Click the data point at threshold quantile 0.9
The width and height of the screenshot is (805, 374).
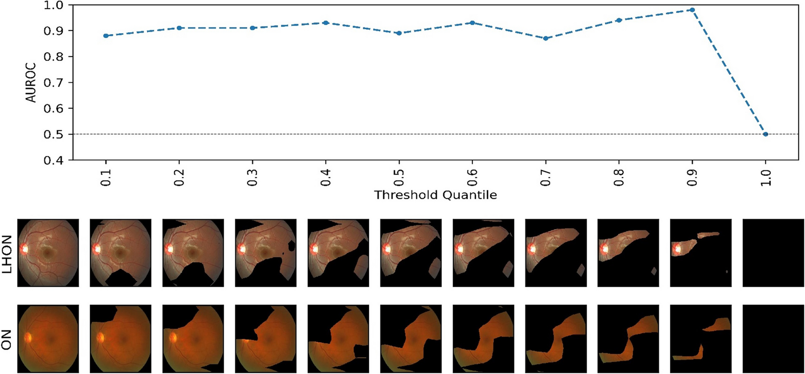692,10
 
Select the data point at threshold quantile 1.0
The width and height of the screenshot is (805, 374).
765,134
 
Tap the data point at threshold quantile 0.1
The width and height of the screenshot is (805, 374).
106,35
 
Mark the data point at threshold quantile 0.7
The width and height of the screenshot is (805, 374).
546,38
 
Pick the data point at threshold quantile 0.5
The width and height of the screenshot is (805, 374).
399,33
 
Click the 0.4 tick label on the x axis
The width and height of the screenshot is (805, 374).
326,176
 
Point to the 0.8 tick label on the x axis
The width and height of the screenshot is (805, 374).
619,176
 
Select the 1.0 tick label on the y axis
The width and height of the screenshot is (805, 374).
54,5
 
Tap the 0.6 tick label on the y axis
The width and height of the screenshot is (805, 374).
54,108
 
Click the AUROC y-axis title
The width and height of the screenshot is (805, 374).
30,82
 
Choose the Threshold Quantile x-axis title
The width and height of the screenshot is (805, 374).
435,195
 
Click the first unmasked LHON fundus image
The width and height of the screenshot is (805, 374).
48,253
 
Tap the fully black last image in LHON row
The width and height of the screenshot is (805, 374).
773,253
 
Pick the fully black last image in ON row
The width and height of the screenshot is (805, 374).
773,339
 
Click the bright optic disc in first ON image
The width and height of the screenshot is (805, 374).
28,337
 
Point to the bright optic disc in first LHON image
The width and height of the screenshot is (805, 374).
24,249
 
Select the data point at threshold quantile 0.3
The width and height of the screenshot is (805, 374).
252,28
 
